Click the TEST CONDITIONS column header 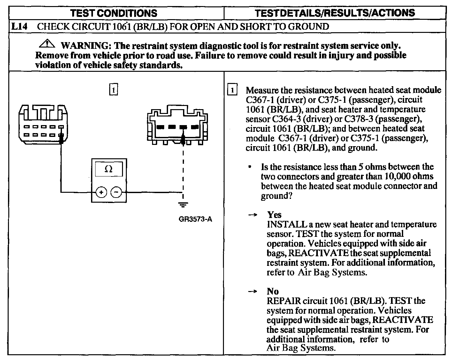[114, 13]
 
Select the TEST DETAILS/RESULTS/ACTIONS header [335, 13]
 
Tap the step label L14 [19, 26]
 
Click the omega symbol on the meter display [108, 169]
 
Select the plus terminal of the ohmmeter [101, 192]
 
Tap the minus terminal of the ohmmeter [116, 192]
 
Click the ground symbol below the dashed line [183, 204]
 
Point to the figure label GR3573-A [195, 219]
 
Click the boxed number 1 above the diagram [113, 90]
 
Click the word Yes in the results [274, 214]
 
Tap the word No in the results [273, 291]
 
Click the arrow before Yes [253, 215]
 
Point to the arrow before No [253, 291]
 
